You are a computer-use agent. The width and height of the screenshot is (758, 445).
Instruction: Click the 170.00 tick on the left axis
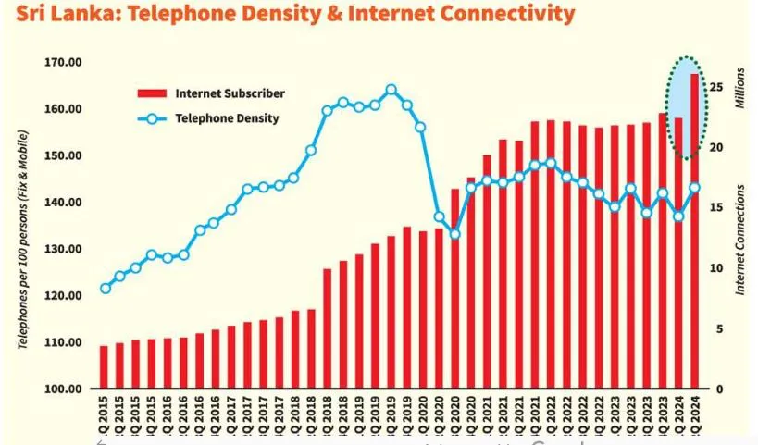pos(63,63)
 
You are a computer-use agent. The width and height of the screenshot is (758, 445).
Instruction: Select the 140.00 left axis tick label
pos(63,203)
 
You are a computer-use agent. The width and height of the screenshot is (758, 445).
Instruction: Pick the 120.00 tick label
pos(63,296)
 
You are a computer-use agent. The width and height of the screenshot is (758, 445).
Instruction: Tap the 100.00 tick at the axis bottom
pos(63,389)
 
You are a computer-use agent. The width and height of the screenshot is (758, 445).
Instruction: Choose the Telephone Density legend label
pos(227,118)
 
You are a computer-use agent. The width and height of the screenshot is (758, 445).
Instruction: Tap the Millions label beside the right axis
pos(739,88)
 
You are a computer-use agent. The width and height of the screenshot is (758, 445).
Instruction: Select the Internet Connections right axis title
pos(740,240)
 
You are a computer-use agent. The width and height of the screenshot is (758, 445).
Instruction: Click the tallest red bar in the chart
pos(694,231)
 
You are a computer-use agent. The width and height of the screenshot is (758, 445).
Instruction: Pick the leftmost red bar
pos(104,367)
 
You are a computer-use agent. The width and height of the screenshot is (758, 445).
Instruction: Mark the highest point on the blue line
pos(391,90)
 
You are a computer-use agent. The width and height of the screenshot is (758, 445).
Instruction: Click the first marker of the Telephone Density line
pos(105,289)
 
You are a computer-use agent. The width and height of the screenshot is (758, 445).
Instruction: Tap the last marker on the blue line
pos(694,188)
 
